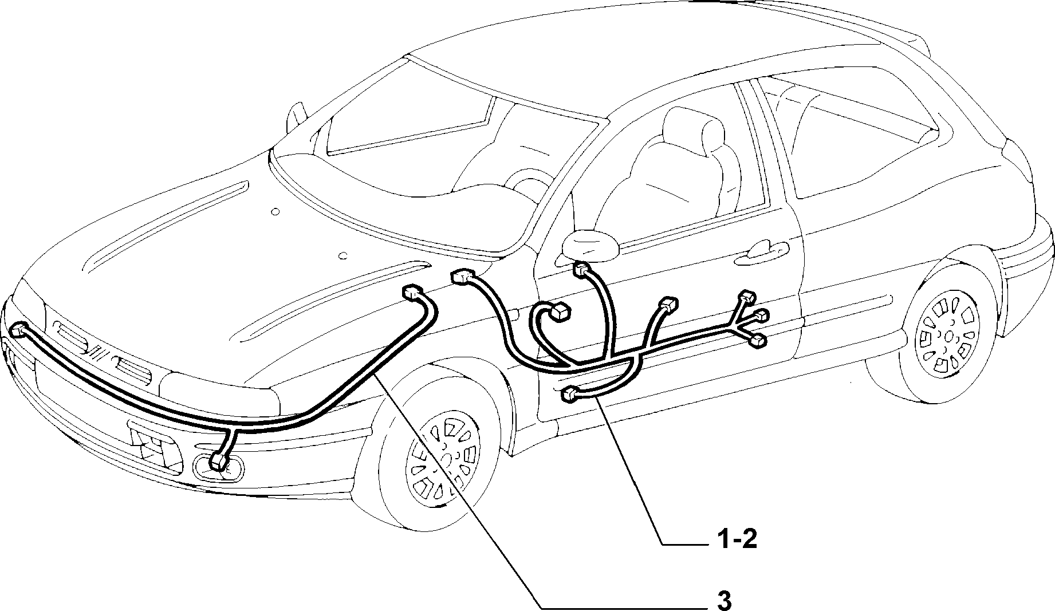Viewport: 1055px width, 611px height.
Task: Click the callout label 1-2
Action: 736,539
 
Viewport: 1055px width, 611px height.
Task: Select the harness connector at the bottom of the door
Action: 570,393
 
